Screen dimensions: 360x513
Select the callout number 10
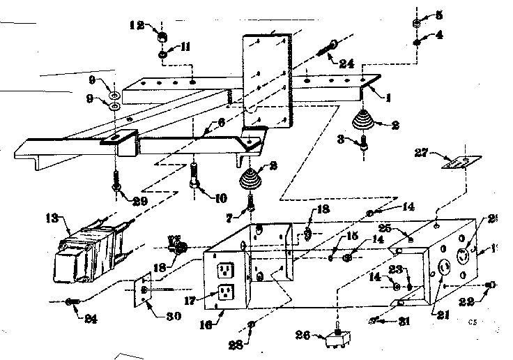(x=220, y=198)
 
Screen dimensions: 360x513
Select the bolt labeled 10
(x=194, y=175)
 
